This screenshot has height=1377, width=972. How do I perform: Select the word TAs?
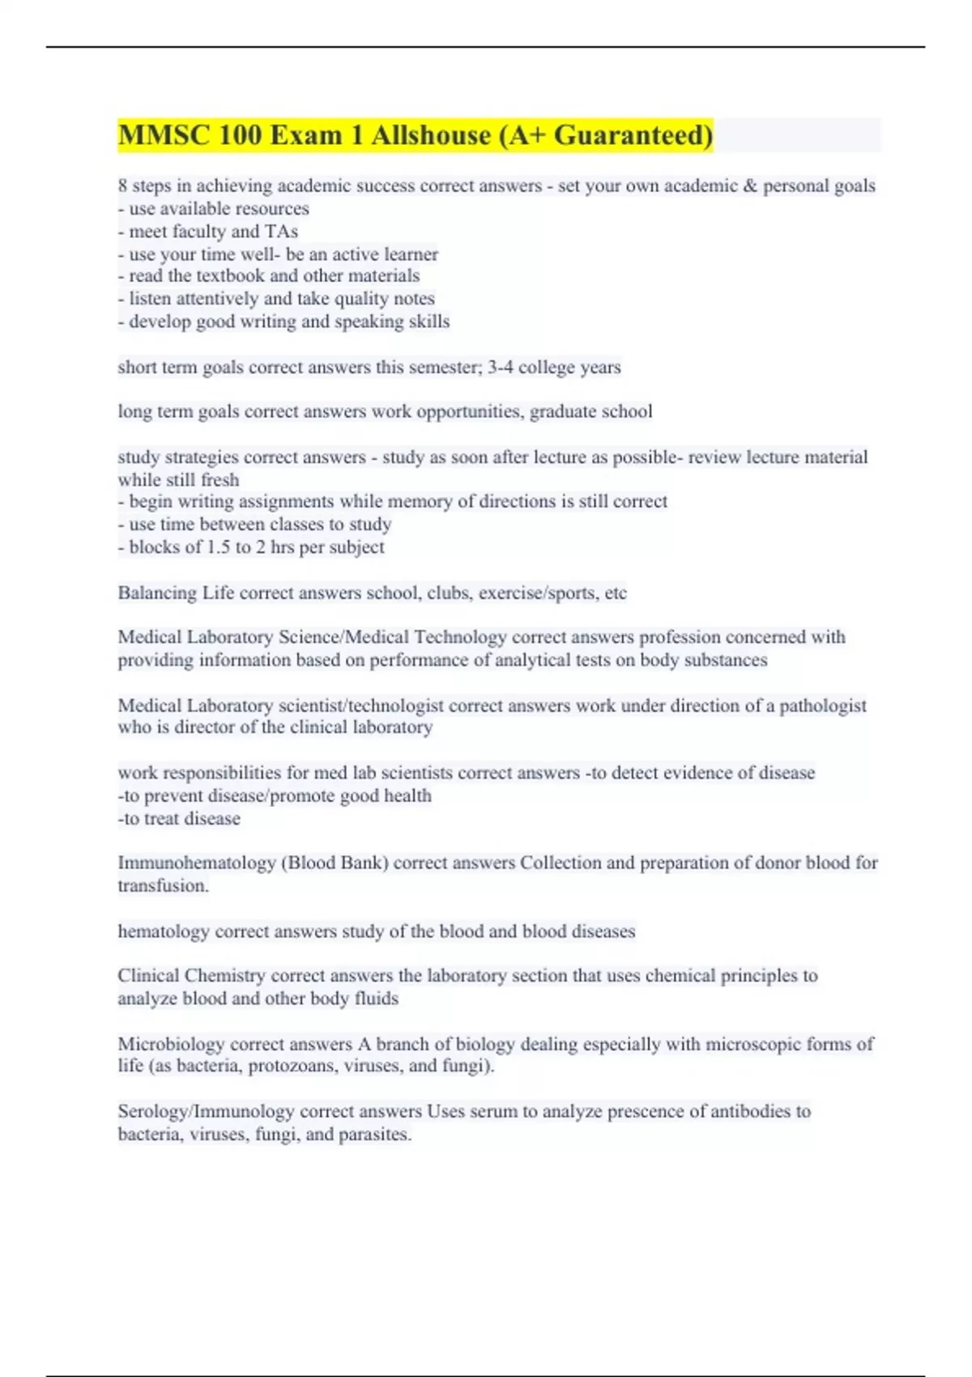tap(281, 232)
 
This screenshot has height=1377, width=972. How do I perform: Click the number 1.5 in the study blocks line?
tap(219, 548)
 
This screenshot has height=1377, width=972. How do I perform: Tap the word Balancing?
tap(157, 593)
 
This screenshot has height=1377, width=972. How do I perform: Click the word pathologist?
tap(822, 706)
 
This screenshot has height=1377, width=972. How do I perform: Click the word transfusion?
tap(163, 886)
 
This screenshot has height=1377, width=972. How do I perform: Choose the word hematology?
tap(164, 932)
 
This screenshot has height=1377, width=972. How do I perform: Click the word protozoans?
tap(292, 1066)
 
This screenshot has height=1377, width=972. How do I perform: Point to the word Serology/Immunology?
tap(206, 1111)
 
